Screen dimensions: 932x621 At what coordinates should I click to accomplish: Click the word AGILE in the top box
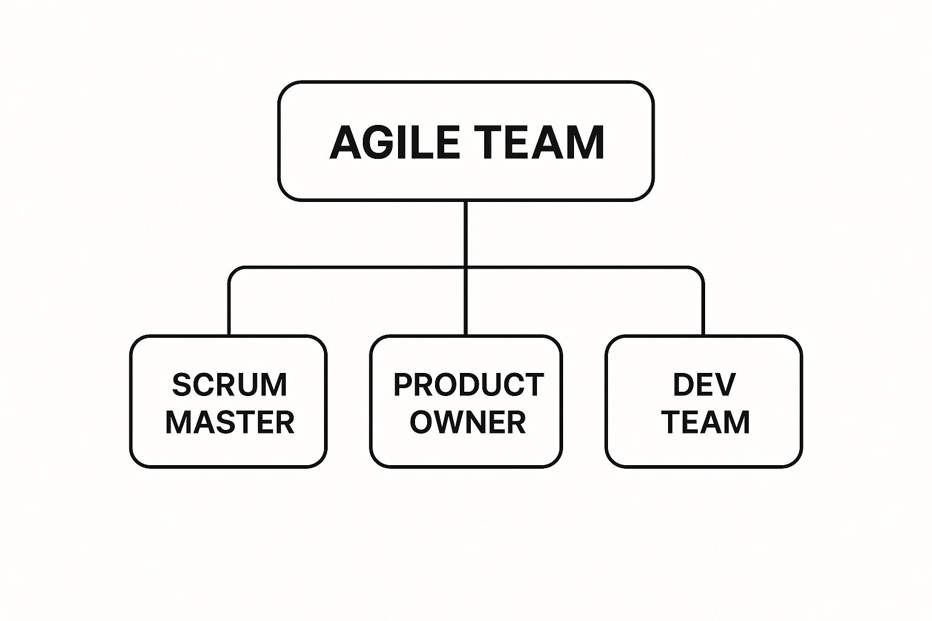pyautogui.click(x=394, y=142)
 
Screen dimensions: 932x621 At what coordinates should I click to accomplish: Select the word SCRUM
pyautogui.click(x=230, y=384)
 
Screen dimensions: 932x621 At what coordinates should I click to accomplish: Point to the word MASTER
pyautogui.click(x=230, y=422)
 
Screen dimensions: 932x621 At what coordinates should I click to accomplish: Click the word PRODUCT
pyautogui.click(x=468, y=384)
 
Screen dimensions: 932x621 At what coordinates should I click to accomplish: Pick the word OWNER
pyautogui.click(x=468, y=422)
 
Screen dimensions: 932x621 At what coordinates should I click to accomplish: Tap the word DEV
pyautogui.click(x=704, y=384)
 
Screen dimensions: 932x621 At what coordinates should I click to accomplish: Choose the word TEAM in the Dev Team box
pyautogui.click(x=706, y=422)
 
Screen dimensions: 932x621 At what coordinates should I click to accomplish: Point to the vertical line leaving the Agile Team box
pyautogui.click(x=465, y=233)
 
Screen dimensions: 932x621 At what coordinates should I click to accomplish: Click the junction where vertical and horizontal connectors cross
pyautogui.click(x=465, y=268)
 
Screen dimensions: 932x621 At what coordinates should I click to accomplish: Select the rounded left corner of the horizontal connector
pyautogui.click(x=232, y=271)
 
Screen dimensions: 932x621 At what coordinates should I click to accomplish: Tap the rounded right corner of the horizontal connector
pyautogui.click(x=700, y=271)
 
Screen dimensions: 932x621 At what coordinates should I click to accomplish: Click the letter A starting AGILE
pyautogui.click(x=345, y=143)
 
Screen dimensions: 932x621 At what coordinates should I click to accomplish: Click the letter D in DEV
pyautogui.click(x=683, y=384)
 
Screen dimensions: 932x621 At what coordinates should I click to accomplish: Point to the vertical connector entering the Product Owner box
pyautogui.click(x=465, y=301)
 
